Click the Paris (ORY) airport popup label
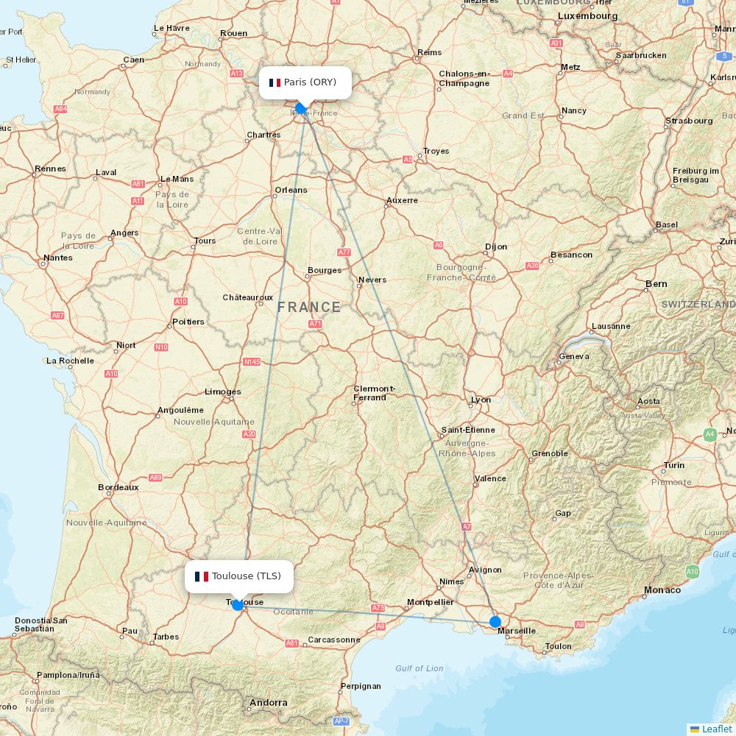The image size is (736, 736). pos(305,82)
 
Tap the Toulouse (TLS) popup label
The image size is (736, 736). pos(239,576)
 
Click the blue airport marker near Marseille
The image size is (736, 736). pos(495,622)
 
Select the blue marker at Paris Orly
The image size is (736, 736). pos(300,108)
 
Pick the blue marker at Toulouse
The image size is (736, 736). pos(238,605)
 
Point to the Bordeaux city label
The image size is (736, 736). pos(118,487)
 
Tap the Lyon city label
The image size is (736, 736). pos(481,400)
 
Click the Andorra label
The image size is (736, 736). pos(268,703)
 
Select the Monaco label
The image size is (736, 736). pos(662,590)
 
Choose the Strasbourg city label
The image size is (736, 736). pos(689,121)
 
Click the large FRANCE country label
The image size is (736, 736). pos(309,308)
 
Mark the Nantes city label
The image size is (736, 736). pos(58,258)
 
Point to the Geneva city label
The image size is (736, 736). pos(574,356)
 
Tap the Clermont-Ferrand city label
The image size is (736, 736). pos(375,393)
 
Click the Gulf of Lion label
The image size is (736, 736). pos(420,668)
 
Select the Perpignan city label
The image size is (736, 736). pos(361,686)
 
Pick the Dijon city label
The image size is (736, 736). pos(496,247)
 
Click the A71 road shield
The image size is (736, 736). pos(316,324)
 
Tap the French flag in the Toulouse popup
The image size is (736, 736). pos(202,576)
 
